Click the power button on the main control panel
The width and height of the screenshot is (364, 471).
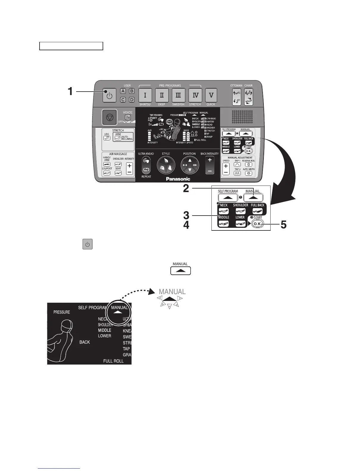tap(110, 95)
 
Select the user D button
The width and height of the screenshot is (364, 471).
tap(131, 100)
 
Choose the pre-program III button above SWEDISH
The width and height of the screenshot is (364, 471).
tap(178, 95)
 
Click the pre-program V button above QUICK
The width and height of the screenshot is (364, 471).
tap(211, 95)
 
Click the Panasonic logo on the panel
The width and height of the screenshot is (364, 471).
tap(178, 179)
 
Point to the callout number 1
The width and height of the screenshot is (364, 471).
tap(70, 91)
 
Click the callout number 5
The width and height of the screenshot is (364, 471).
tap(283, 225)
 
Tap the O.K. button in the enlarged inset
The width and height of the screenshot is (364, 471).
tap(257, 224)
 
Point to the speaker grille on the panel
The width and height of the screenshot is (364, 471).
tap(242, 117)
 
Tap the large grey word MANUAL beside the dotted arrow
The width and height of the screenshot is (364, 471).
tap(172, 292)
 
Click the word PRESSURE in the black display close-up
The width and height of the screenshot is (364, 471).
tap(62, 312)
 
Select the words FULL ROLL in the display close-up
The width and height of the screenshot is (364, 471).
tap(113, 361)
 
